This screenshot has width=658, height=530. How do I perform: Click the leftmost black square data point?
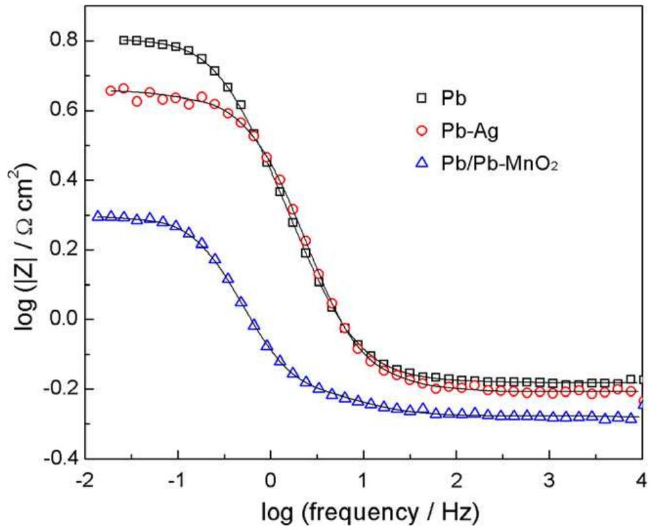coord(124,40)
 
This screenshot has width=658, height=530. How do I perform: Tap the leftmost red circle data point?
coord(111,91)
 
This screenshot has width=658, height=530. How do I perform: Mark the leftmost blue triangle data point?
coord(98,215)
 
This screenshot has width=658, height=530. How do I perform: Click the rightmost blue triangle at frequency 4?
coord(642,404)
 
